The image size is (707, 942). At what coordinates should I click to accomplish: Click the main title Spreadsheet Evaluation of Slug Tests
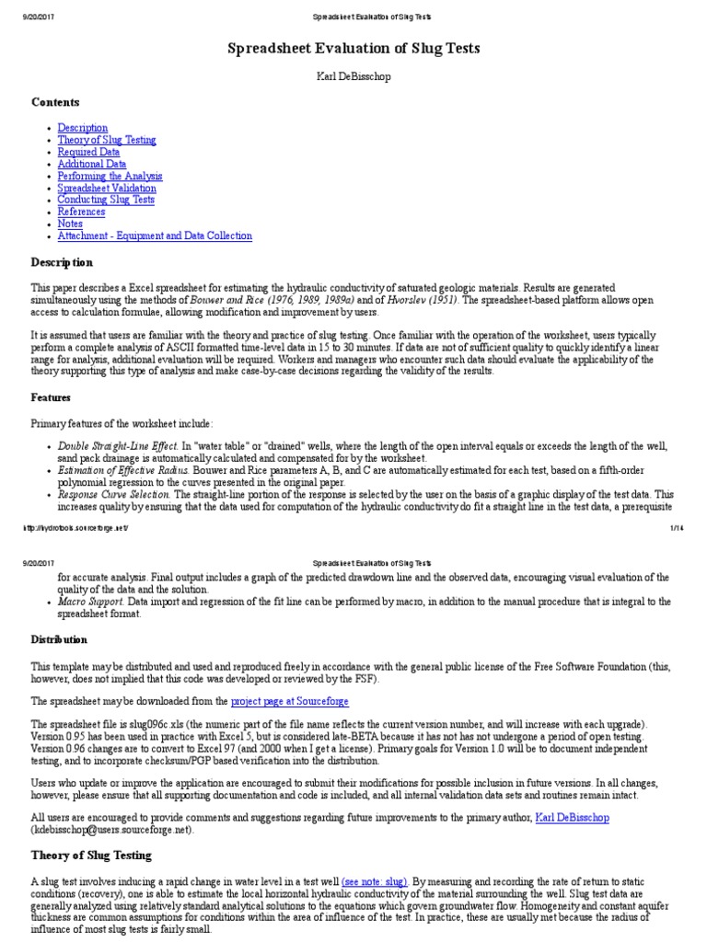353,48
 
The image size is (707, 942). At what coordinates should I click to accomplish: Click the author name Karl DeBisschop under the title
353,76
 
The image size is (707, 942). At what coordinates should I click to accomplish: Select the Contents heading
55,102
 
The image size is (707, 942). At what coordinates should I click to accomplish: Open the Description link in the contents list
83,128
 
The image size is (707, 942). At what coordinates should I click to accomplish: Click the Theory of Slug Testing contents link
107,140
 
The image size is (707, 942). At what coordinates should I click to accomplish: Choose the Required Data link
88,152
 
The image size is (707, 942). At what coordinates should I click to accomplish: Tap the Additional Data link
92,164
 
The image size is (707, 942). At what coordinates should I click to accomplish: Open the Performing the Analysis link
110,176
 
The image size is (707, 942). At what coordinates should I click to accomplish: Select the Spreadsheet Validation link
107,188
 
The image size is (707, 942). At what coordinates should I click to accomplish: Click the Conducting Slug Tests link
106,200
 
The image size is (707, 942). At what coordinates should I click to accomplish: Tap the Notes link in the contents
70,224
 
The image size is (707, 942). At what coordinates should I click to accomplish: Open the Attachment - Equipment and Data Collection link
155,235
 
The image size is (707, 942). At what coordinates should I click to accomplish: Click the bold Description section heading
63,262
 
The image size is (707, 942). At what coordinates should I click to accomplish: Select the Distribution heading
60,639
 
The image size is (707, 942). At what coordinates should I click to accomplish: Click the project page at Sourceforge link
290,701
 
